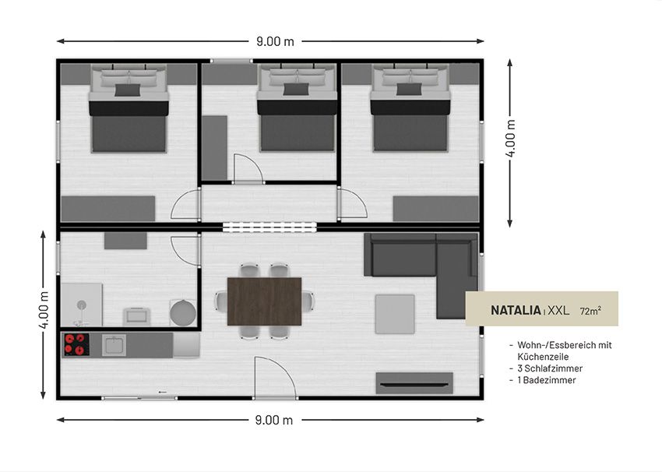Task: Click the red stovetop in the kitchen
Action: [x=76, y=344]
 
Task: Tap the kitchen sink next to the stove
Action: [x=114, y=344]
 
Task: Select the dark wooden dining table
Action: [x=264, y=301]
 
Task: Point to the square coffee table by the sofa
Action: [x=395, y=314]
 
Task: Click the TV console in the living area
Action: [x=414, y=383]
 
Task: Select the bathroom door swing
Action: [x=185, y=251]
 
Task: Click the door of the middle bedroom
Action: [x=248, y=168]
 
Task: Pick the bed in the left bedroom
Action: [x=129, y=108]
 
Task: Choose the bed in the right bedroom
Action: [x=410, y=107]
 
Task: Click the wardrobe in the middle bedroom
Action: [x=214, y=148]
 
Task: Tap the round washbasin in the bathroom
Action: [x=183, y=313]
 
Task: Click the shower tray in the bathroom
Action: [x=82, y=305]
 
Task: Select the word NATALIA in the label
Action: [x=516, y=310]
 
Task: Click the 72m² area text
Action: [x=590, y=311]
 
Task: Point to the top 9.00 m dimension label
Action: [x=275, y=41]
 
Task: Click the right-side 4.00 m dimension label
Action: [x=510, y=138]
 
